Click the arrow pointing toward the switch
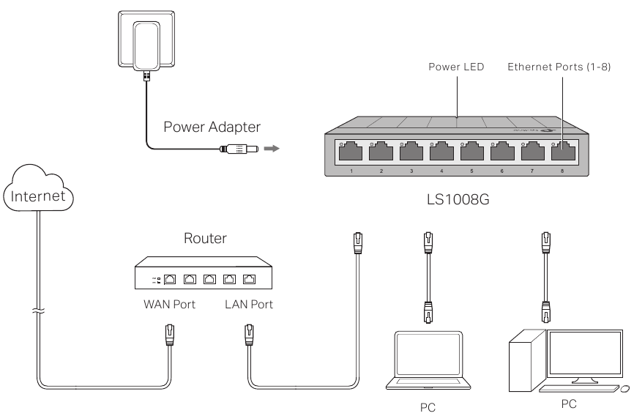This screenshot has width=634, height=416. [272, 149]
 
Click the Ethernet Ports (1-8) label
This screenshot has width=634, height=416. [561, 67]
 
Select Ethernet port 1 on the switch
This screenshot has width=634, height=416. [351, 153]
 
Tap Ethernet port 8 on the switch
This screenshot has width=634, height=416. [562, 153]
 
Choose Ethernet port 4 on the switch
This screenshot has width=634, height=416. [441, 153]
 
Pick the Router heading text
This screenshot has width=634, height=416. [207, 238]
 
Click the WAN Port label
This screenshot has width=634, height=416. [169, 304]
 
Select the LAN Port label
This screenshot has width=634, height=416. [249, 304]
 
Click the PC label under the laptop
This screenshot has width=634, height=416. [428, 408]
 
